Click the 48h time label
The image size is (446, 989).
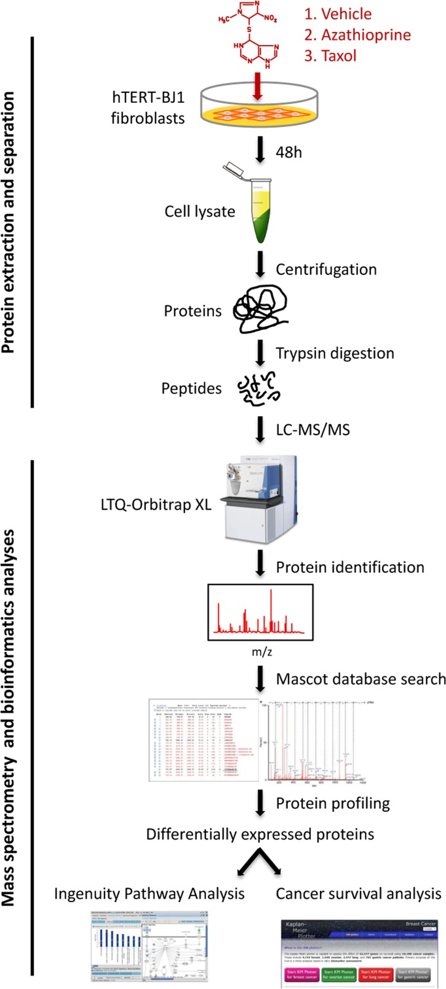click(x=289, y=151)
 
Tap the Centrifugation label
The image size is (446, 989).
click(x=326, y=270)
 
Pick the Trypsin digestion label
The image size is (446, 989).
click(x=335, y=353)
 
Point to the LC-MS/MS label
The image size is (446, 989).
click(x=313, y=429)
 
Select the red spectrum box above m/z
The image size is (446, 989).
click(x=260, y=611)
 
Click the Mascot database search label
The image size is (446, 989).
click(x=360, y=679)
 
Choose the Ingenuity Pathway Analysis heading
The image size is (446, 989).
click(x=149, y=893)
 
